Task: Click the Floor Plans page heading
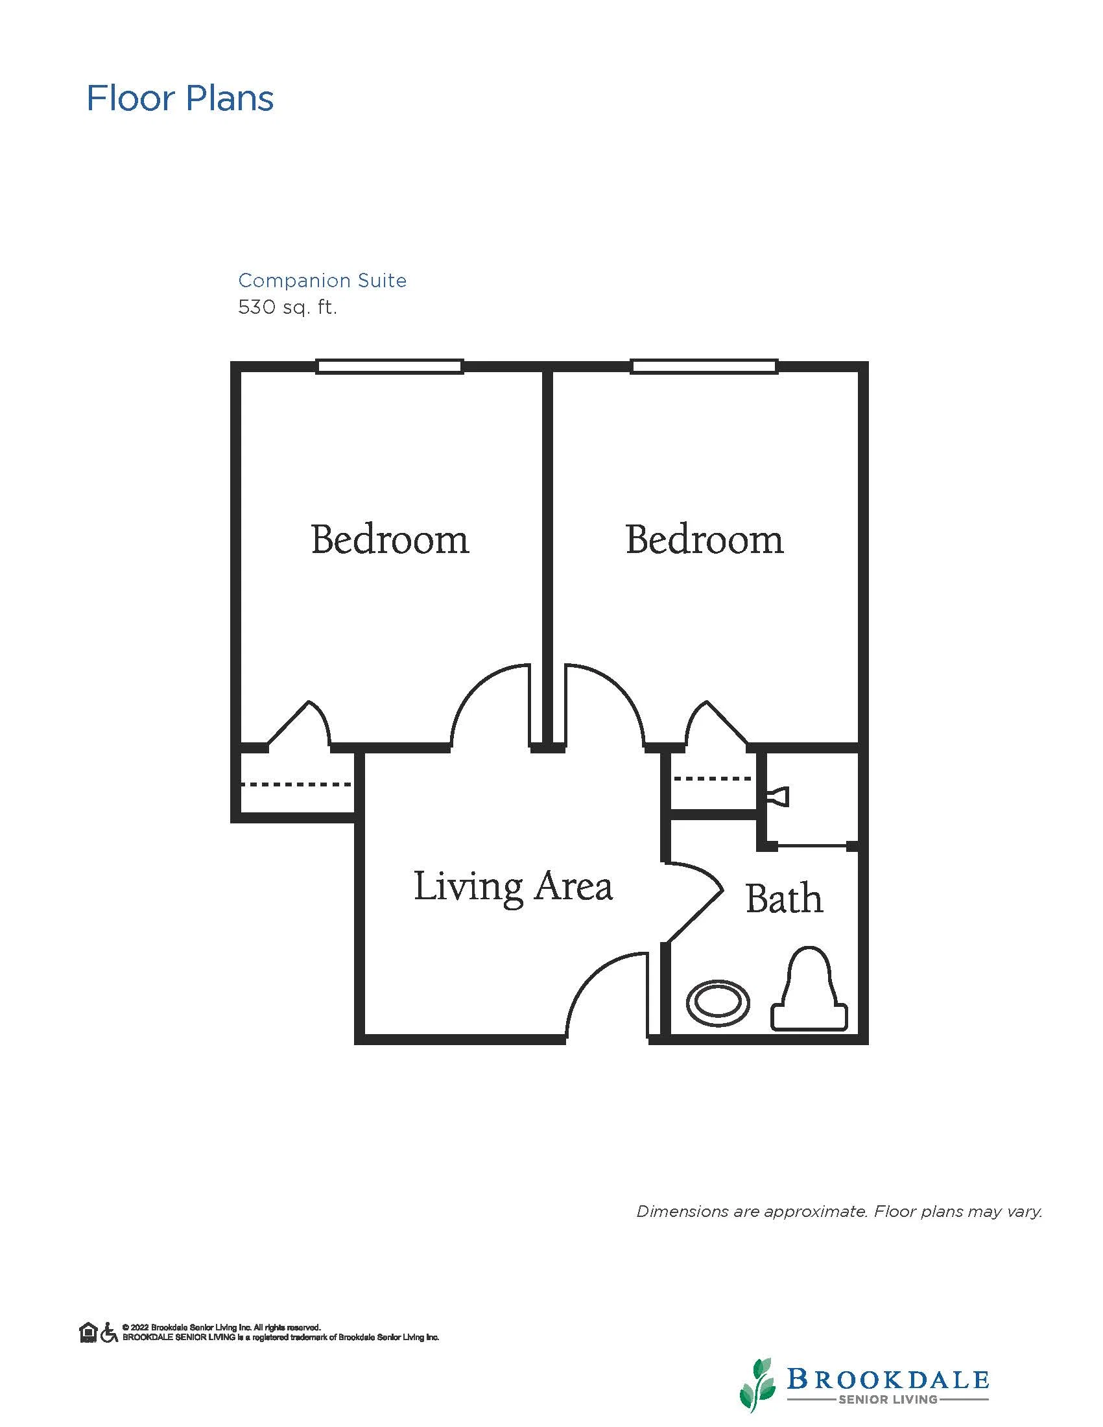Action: tap(180, 99)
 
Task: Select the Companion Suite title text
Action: tap(322, 280)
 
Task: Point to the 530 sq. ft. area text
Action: tap(287, 307)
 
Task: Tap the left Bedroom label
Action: tap(390, 539)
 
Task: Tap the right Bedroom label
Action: tap(704, 539)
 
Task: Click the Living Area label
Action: tap(513, 888)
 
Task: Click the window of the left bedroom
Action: tap(390, 366)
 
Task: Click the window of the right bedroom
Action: tap(704, 366)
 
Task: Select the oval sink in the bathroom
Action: tap(718, 1003)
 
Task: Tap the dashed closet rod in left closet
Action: tap(296, 784)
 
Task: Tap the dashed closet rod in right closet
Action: tap(713, 778)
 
